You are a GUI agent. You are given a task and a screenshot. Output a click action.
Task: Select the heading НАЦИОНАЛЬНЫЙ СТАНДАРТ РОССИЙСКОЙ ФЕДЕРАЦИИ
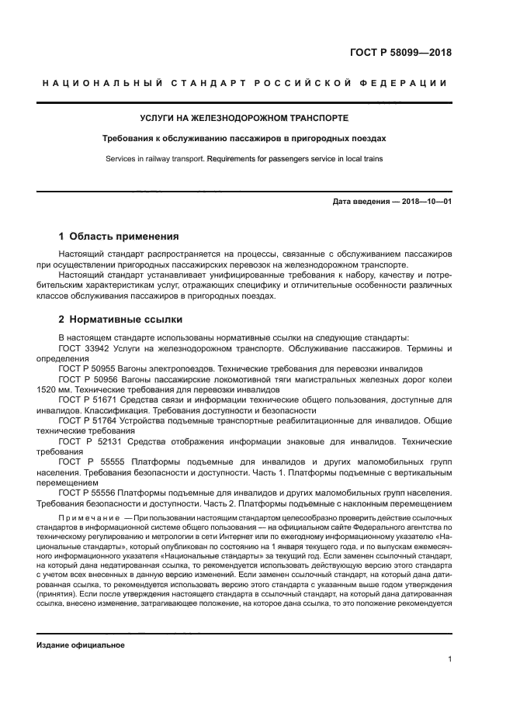point(244,84)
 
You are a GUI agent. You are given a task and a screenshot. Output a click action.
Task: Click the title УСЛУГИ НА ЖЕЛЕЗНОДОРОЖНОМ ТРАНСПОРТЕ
point(244,118)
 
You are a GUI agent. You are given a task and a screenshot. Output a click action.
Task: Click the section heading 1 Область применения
point(119,236)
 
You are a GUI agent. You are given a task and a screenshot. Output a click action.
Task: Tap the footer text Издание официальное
point(80,645)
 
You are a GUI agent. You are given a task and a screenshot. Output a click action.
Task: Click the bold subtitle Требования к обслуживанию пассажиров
point(244,139)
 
